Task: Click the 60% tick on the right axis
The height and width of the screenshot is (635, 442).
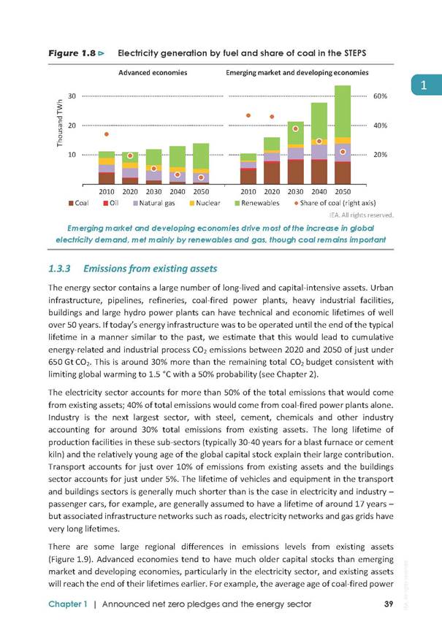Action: click(x=380, y=96)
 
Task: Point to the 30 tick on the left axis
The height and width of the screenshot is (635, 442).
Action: click(x=72, y=96)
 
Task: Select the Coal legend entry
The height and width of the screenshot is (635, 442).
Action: click(x=78, y=203)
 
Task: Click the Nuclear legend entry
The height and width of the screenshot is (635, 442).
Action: click(x=205, y=203)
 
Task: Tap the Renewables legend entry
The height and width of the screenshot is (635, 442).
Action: click(x=257, y=203)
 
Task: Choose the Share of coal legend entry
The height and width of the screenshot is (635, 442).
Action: click(x=335, y=203)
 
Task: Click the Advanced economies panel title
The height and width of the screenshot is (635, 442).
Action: click(x=153, y=73)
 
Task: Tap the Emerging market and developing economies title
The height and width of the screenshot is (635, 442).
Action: click(x=297, y=73)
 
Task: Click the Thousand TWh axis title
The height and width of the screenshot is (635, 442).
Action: click(x=60, y=123)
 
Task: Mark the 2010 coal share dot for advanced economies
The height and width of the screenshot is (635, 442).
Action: click(x=107, y=134)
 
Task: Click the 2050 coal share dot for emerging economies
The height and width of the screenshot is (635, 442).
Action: click(x=343, y=152)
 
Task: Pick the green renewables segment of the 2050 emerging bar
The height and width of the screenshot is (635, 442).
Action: click(x=343, y=112)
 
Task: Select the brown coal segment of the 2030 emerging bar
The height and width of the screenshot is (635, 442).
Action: click(x=296, y=172)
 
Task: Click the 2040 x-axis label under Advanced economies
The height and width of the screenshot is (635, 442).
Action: click(x=178, y=191)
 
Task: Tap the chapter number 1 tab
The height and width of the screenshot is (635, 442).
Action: click(x=426, y=85)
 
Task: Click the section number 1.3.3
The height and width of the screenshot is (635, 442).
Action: click(x=59, y=269)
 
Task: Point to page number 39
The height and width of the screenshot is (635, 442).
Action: click(x=389, y=604)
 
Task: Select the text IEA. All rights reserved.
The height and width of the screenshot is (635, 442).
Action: click(x=362, y=215)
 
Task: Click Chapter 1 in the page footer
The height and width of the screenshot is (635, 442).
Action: click(x=68, y=604)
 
